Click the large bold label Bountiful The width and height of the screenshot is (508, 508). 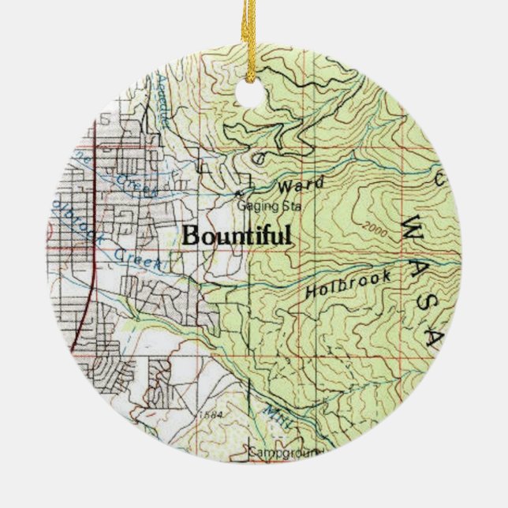tap(237, 235)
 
